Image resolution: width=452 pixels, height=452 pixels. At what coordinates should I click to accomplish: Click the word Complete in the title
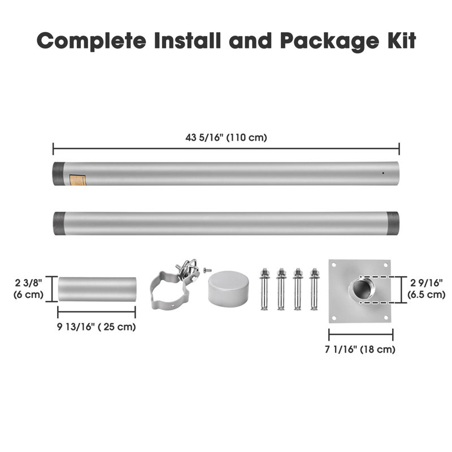pos(92,41)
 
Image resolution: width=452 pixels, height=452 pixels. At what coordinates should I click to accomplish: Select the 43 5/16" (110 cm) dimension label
pos(226,137)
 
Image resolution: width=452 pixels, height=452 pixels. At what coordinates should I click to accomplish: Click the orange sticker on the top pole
pos(78,180)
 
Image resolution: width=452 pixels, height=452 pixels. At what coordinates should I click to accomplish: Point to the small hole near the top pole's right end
pos(383,173)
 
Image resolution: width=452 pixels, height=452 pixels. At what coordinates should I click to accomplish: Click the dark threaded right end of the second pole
pos(393,223)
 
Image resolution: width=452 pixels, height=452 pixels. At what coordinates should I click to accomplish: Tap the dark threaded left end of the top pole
pos(58,174)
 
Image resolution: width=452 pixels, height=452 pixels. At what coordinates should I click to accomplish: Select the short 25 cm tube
pos(97,289)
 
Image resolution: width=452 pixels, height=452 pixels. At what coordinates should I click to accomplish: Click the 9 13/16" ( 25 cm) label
pos(96,327)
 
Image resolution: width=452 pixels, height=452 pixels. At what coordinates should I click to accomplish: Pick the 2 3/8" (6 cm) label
pos(29,289)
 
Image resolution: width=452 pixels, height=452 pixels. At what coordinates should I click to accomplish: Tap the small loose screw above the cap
pos(207,270)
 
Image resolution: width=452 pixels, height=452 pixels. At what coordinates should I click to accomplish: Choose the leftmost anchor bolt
pos(264,289)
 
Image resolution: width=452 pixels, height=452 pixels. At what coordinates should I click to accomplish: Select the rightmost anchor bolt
pos(314,289)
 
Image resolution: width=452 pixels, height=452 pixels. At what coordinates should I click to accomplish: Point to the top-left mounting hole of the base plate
pos(334,264)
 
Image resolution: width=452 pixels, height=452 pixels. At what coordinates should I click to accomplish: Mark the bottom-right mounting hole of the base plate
pos(386,318)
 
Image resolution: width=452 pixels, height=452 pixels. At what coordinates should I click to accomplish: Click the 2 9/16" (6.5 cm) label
pos(427,289)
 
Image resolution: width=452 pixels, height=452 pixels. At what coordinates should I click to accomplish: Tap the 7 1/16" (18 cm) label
pos(360,349)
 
